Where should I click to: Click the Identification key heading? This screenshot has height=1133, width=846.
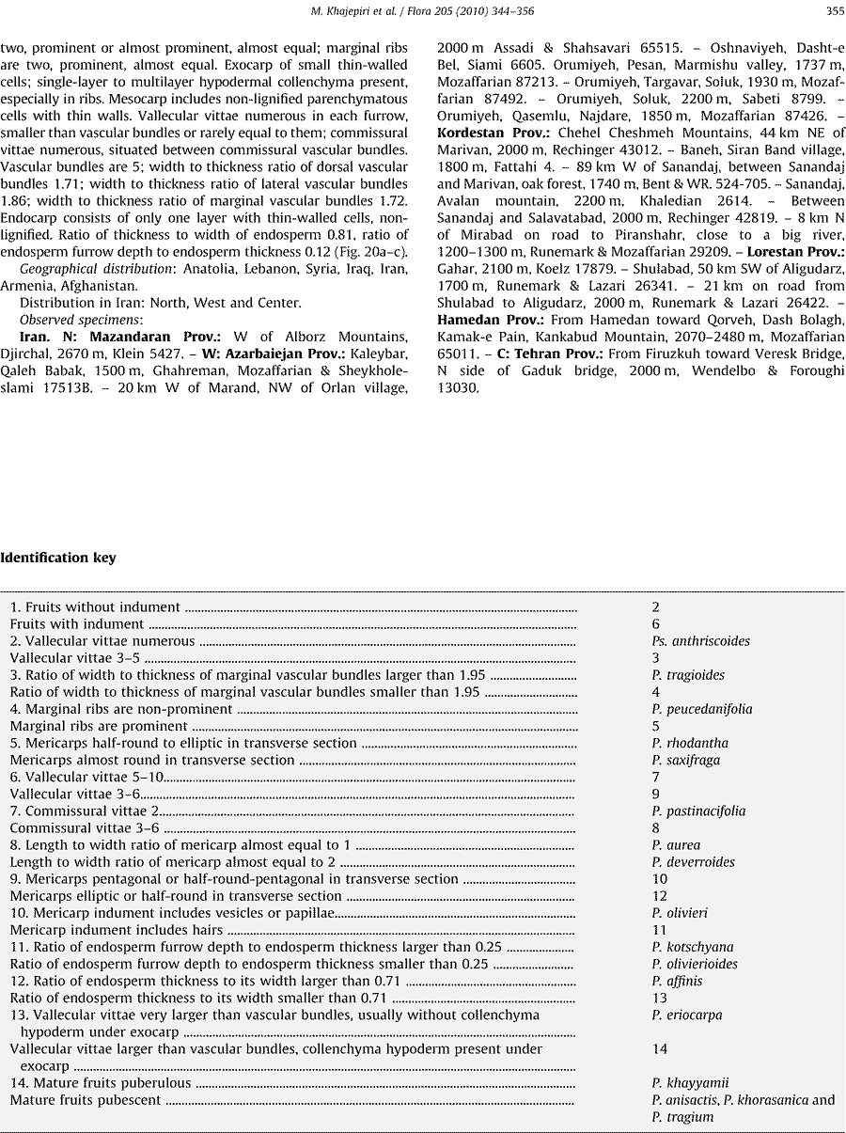[x=58, y=558]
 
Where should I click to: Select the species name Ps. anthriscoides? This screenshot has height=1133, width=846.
[x=700, y=641]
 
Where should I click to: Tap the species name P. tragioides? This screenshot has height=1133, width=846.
[x=688, y=675]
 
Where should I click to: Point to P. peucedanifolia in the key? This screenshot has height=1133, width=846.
[x=702, y=709]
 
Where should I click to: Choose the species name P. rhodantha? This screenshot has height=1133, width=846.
[x=690, y=743]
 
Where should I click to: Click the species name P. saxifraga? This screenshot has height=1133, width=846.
[x=686, y=760]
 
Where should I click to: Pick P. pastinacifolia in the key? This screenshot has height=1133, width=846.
[x=698, y=810]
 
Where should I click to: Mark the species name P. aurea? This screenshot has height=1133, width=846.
[x=676, y=845]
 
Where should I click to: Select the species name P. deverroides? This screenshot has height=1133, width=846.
[x=693, y=862]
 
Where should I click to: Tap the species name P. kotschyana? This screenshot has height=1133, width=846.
[x=693, y=947]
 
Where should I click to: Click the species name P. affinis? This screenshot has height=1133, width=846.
[x=677, y=981]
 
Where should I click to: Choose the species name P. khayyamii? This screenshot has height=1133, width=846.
[x=690, y=1082]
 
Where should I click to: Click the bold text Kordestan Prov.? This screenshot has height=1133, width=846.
[x=494, y=134]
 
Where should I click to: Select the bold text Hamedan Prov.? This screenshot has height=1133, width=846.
[x=488, y=320]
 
